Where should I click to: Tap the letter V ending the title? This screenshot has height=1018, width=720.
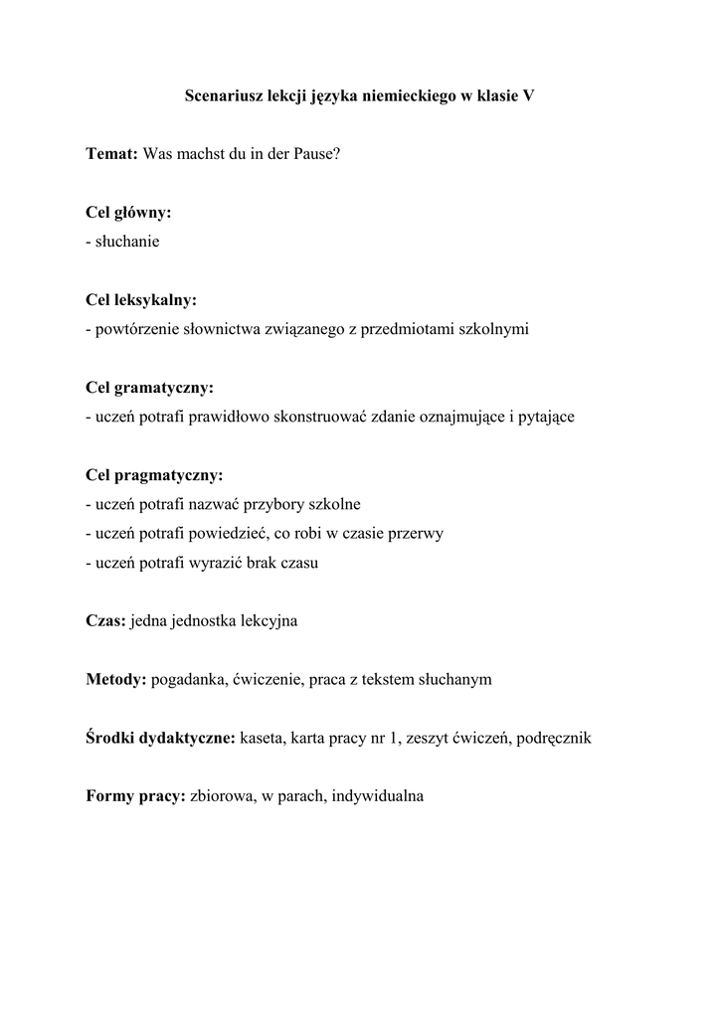coord(528,96)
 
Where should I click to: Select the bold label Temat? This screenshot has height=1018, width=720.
coord(112,154)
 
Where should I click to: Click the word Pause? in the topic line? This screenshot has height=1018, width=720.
coord(317,154)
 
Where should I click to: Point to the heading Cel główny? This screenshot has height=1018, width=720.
coord(128,213)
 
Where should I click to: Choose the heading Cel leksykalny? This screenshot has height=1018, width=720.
coord(141,300)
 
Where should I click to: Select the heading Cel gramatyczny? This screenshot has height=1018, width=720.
coord(149,388)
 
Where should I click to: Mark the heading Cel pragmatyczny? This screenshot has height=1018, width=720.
coord(154,475)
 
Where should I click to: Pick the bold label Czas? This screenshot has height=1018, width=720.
coord(106,621)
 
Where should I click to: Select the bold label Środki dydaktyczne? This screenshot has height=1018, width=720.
coord(160,739)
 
